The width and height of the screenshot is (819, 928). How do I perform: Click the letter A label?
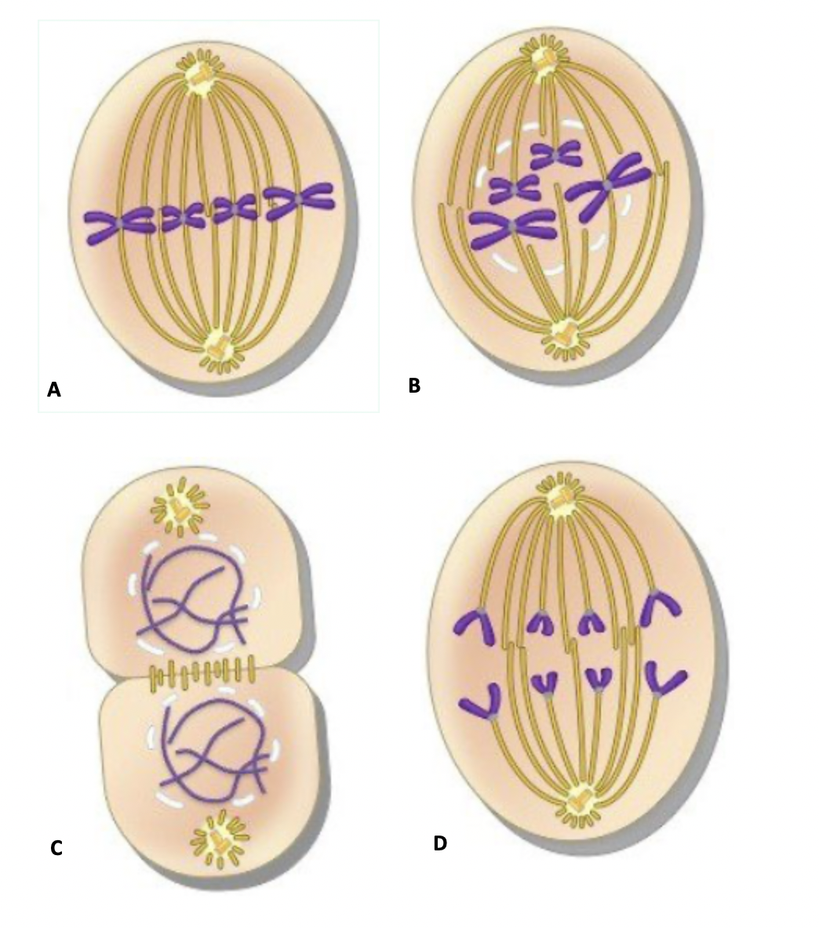coord(53,390)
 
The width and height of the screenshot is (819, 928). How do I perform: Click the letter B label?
coord(414,386)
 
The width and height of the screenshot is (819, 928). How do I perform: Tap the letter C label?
coord(56,848)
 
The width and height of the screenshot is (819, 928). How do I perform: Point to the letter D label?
coord(439,843)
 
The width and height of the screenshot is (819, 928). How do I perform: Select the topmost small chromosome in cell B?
coord(555,154)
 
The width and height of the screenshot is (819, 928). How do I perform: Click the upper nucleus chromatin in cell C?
coord(192,604)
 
